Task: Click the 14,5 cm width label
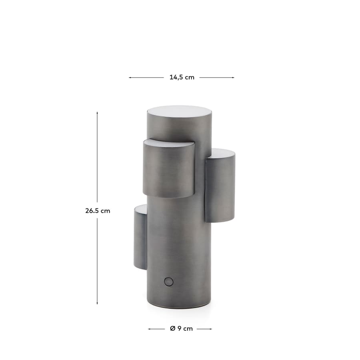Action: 182,78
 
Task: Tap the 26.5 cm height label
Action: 97,211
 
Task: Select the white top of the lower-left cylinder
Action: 141,208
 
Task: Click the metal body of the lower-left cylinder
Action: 140,240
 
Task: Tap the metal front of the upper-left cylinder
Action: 168,172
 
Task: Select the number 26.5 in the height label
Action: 92,211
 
